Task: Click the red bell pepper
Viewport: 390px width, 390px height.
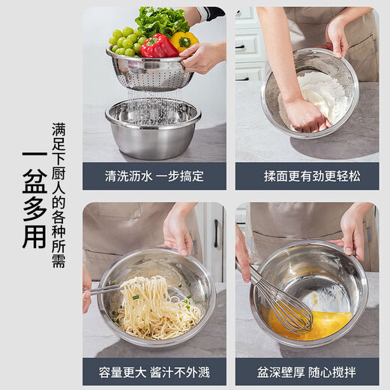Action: pos(158,46)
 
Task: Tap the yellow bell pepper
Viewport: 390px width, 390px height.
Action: pos(183,40)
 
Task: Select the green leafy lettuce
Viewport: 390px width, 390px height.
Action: pos(161,19)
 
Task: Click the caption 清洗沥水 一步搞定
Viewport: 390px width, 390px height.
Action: pos(154,177)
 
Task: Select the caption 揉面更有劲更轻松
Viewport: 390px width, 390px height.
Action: pos(307,177)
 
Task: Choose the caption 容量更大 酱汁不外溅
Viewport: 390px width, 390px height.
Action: pos(154,371)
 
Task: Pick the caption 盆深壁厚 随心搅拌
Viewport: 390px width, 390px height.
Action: pos(307,371)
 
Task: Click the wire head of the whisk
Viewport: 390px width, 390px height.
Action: pos(289,311)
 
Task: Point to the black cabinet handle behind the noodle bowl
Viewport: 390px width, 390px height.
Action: pos(215,233)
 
